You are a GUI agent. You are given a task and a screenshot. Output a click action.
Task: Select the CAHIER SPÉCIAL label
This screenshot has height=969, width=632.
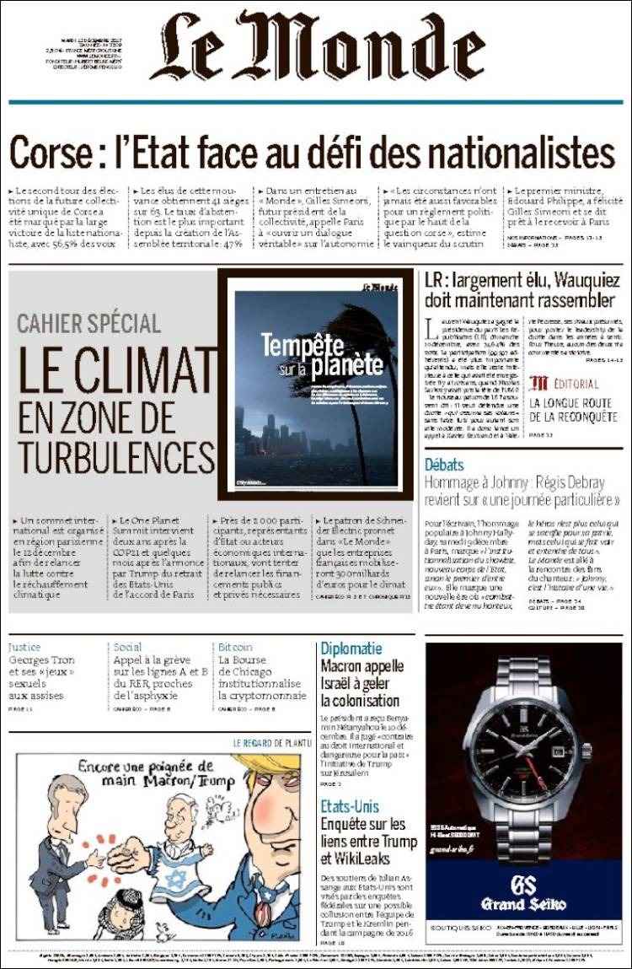tap(88, 323)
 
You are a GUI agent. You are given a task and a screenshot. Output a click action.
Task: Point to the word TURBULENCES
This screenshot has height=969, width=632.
tap(116, 456)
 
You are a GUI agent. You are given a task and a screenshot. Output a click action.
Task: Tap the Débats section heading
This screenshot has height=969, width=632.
tap(444, 465)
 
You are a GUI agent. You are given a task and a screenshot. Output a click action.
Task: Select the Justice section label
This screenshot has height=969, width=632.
tap(24, 647)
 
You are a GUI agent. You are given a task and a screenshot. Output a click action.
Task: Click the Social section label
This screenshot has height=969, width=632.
tap(127, 647)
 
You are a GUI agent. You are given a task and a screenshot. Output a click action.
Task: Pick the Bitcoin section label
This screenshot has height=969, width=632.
tap(235, 647)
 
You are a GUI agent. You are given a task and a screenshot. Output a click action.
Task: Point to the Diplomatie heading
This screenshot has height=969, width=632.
tap(351, 649)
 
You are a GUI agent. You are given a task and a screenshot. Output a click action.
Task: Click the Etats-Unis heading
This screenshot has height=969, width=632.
tap(350, 806)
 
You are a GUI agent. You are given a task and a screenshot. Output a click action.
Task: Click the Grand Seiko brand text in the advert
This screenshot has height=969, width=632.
tap(523, 904)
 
